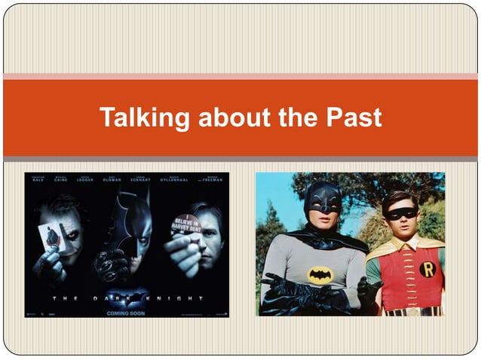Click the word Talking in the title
click(141, 117)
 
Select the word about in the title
click(223, 117)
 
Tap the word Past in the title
click(354, 117)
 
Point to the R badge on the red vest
click(427, 268)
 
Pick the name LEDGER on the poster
click(85, 180)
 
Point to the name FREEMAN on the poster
click(213, 180)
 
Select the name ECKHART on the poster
click(140, 180)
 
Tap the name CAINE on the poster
click(61, 180)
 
